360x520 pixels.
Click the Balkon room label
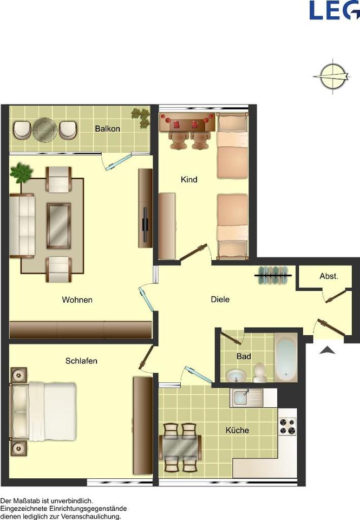[x=107, y=129]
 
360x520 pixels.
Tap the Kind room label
[x=189, y=179]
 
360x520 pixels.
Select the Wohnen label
[x=77, y=300]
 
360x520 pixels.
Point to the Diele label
[x=220, y=299]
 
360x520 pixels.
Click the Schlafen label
[x=81, y=361]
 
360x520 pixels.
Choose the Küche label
[x=237, y=430]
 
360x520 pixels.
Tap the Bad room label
[x=244, y=356]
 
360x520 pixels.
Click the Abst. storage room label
[x=329, y=276]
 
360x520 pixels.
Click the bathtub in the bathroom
[x=285, y=358]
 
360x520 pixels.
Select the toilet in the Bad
[x=260, y=373]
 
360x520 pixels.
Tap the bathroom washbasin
[x=235, y=375]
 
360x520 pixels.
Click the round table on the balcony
[x=44, y=129]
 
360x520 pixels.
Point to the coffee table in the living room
[x=58, y=225]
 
